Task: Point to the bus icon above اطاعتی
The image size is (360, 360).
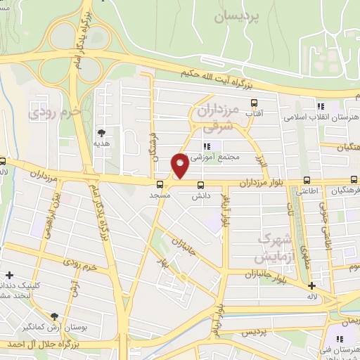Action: (305, 179)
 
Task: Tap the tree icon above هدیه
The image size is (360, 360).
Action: (102, 131)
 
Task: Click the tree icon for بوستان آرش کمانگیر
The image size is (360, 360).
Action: (56, 316)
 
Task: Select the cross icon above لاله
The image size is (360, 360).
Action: (312, 285)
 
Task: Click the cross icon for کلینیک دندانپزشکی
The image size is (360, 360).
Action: (8, 275)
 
